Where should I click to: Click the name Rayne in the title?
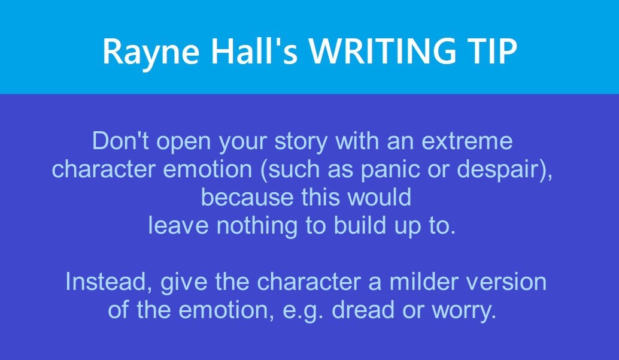pyautogui.click(x=151, y=53)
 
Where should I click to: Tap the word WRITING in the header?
pyautogui.click(x=383, y=51)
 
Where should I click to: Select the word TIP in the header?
pyautogui.click(x=493, y=51)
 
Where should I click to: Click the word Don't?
pyautogui.click(x=120, y=141)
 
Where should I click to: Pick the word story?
pyautogui.click(x=301, y=142)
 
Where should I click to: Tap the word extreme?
pyautogui.click(x=467, y=141)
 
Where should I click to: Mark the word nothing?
pyautogui.click(x=257, y=227)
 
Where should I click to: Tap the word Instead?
pyautogui.click(x=108, y=282)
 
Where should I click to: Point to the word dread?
pyautogui.click(x=363, y=310)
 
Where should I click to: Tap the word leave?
pyautogui.click(x=178, y=225)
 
